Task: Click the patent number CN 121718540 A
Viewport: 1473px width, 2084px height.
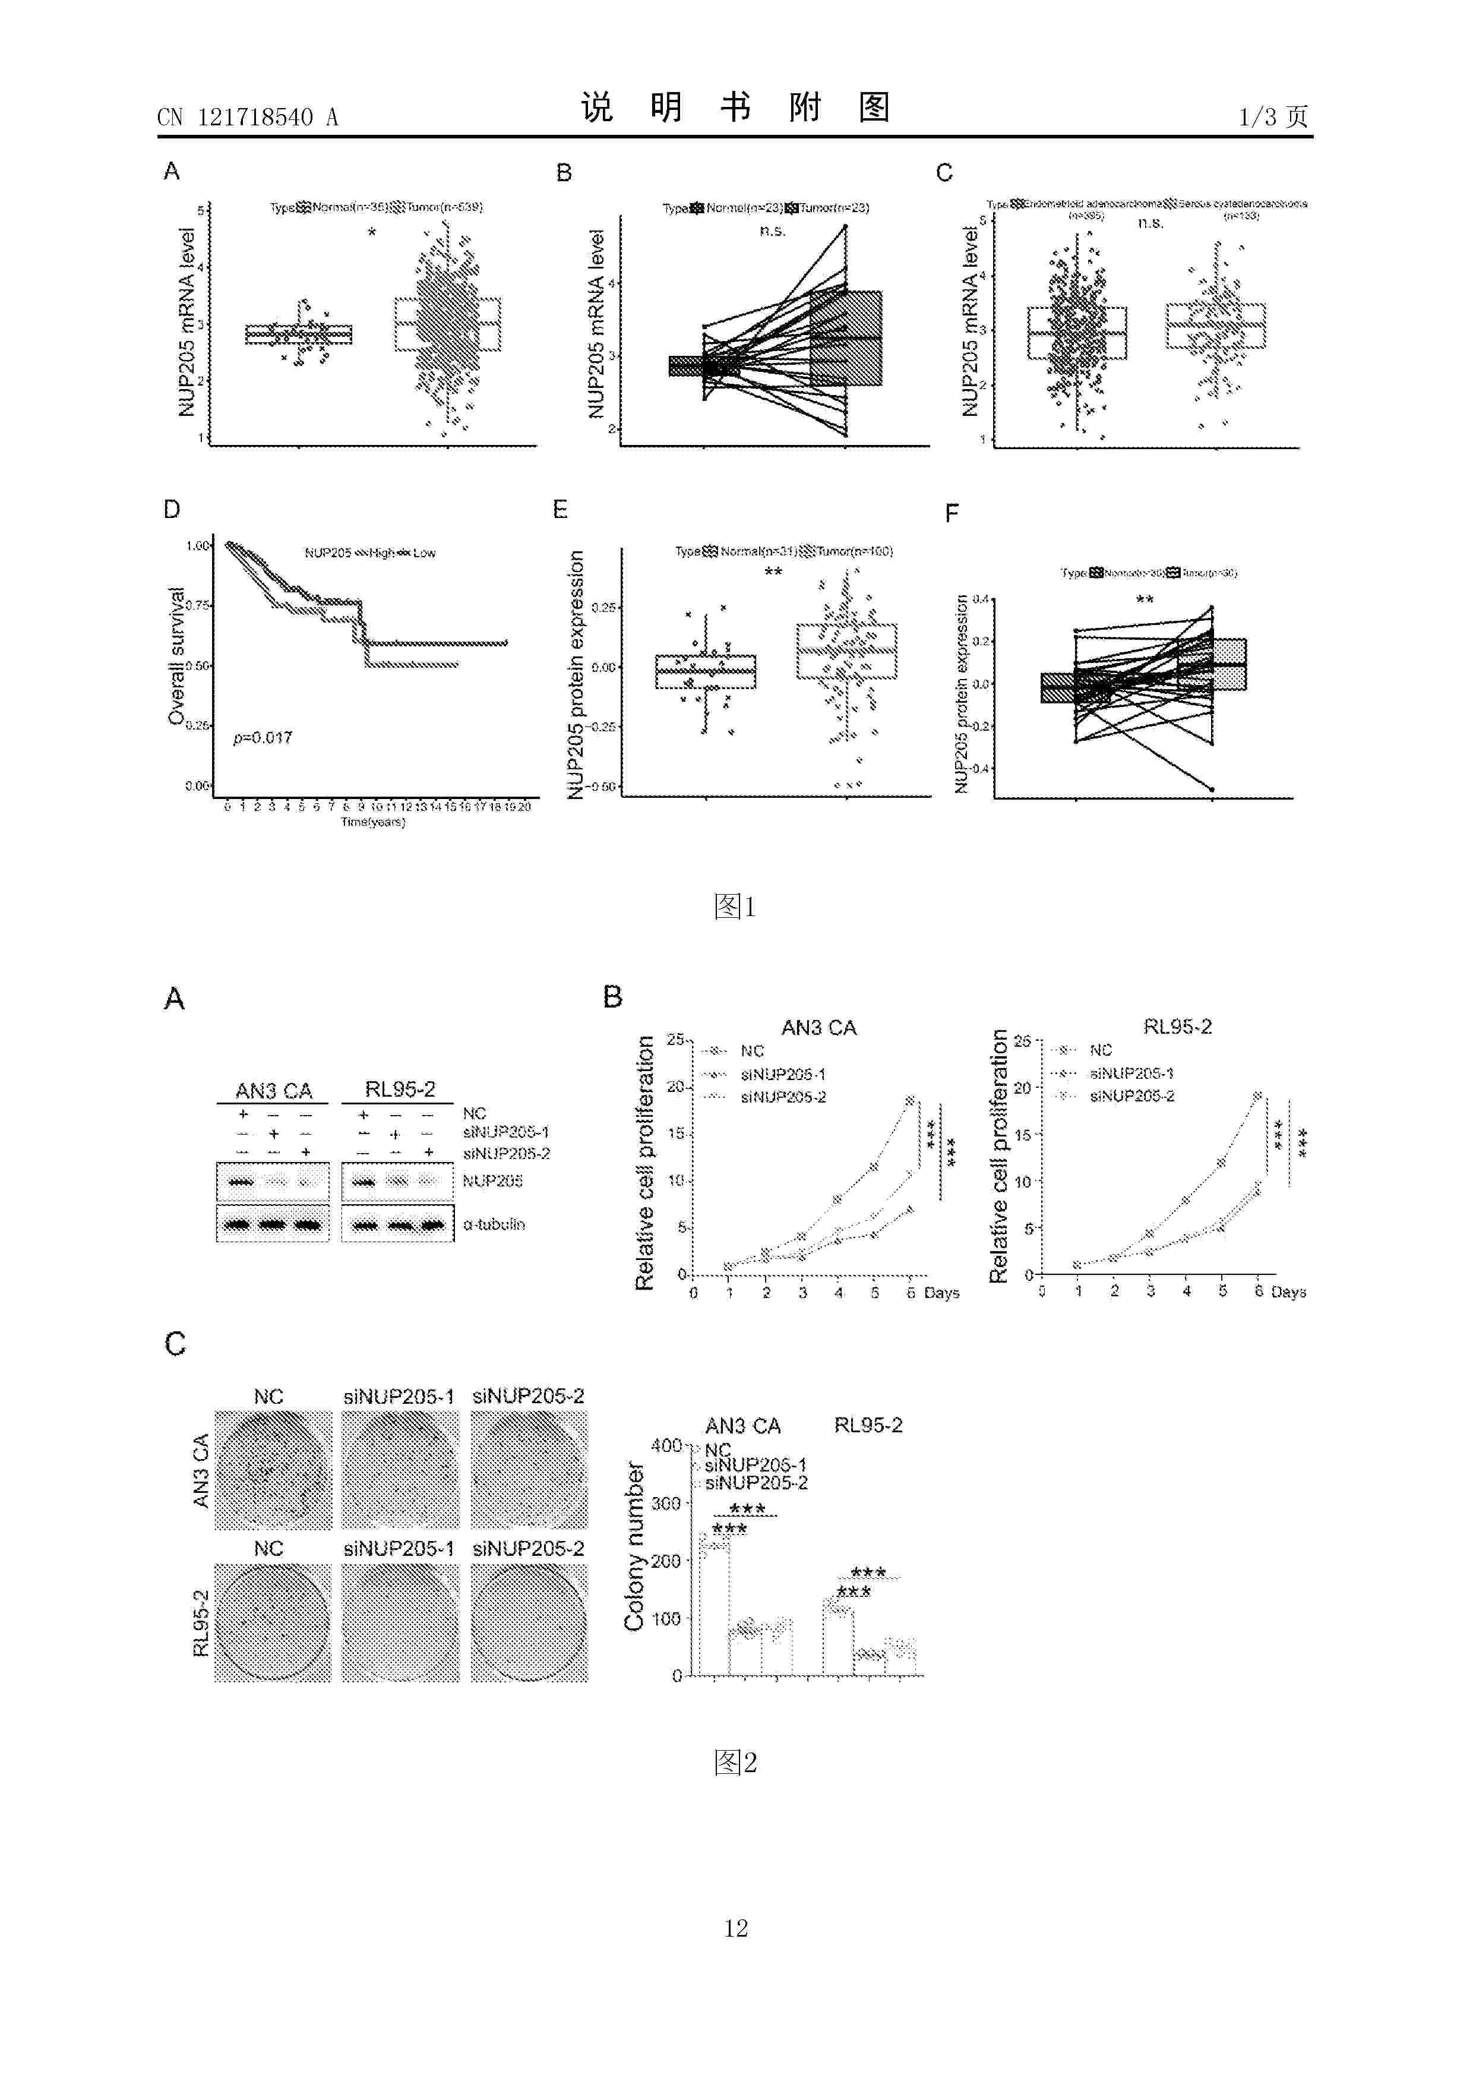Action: tap(247, 117)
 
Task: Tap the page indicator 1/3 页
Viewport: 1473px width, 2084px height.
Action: tap(1273, 116)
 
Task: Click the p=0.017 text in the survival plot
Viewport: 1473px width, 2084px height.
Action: tap(263, 738)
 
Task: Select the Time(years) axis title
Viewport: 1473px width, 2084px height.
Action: tap(372, 822)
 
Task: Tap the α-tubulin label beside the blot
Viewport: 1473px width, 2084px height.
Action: tap(494, 1224)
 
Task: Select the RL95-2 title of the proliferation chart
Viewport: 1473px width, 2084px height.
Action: tap(1177, 1027)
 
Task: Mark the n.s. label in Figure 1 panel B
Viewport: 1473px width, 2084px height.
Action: tap(772, 230)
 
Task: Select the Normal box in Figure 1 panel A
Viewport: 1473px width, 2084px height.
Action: tap(299, 334)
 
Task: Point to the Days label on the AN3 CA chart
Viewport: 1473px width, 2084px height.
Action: tap(941, 1293)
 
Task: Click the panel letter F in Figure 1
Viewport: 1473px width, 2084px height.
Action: tap(951, 514)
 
